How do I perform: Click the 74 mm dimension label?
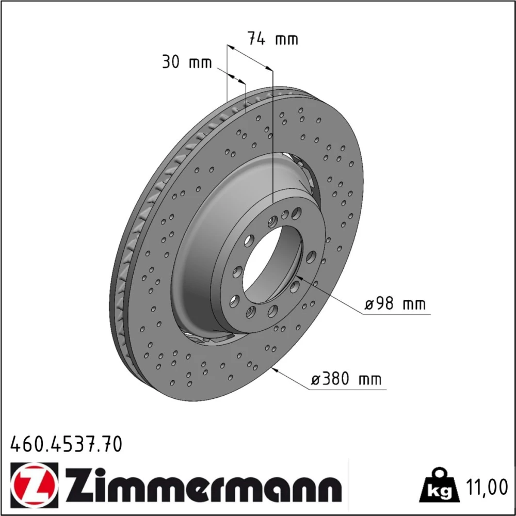(273, 39)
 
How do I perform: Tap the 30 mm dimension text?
(187, 62)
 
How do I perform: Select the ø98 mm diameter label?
(395, 303)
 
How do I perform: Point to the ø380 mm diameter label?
(346, 379)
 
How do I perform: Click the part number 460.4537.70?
(67, 444)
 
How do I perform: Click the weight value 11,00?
(487, 488)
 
